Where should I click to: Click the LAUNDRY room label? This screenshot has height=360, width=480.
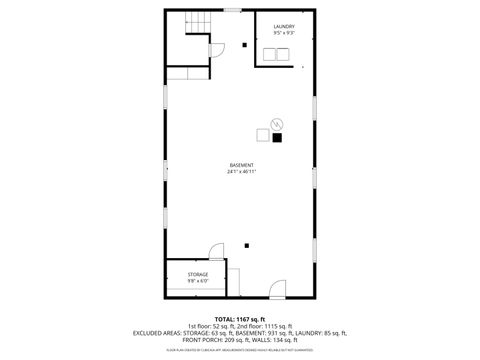pos(284,26)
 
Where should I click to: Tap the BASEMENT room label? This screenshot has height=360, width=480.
pos(241,165)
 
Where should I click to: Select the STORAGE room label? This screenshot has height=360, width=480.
pos(197,274)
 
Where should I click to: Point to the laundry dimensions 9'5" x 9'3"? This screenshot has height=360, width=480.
pos(284,33)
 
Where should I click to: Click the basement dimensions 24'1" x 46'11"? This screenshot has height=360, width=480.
pos(241,172)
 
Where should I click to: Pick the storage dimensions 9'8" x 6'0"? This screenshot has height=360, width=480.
pos(197,281)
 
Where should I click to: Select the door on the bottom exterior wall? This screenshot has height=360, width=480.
pos(277,291)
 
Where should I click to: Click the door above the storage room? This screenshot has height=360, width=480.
pos(216,251)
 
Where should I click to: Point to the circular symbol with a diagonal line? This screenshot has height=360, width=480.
pos(277,125)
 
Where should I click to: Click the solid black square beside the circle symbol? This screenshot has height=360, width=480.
pos(277,138)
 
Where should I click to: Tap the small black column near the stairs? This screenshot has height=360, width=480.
pos(245,44)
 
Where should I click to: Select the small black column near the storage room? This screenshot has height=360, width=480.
pos(245,243)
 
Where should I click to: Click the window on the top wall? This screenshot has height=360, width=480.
pos(232,10)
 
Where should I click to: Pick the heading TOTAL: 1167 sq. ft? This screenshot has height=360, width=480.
pos(240,317)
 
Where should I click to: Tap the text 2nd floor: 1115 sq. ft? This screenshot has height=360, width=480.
pos(270,325)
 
